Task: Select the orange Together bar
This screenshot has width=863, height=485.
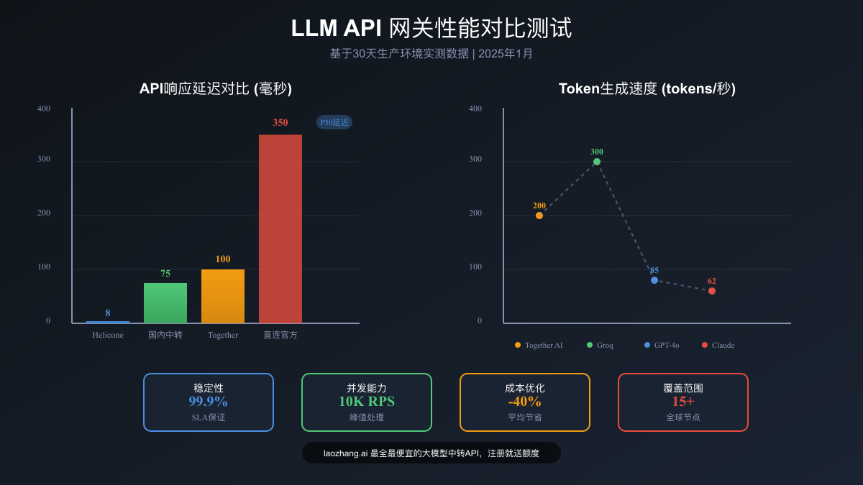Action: point(223,296)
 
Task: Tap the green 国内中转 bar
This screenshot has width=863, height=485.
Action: point(165,302)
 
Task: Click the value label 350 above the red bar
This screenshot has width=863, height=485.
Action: point(280,123)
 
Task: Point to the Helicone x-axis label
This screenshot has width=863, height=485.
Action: point(108,335)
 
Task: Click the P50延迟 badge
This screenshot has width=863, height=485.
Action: point(334,122)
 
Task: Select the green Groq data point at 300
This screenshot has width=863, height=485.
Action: point(597,162)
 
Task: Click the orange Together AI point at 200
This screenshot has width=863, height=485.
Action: point(539,216)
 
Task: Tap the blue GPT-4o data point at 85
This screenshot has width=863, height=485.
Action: point(654,280)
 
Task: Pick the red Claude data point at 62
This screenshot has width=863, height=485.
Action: point(712,291)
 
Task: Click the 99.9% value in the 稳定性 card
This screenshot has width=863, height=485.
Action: point(209,402)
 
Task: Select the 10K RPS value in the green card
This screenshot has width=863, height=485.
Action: point(367,402)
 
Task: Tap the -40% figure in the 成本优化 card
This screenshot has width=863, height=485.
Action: point(525,402)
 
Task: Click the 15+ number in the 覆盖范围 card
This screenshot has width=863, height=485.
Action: point(683,402)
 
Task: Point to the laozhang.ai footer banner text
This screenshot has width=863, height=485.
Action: point(431,453)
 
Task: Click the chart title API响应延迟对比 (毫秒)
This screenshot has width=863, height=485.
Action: point(216,88)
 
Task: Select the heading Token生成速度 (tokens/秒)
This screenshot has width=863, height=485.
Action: point(647,88)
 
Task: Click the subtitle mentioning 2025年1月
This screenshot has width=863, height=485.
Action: point(431,54)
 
